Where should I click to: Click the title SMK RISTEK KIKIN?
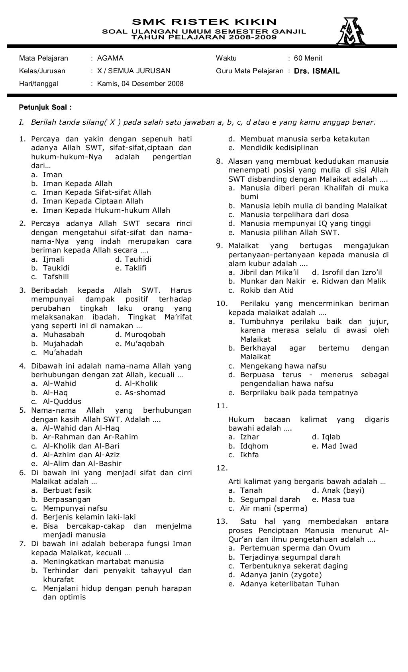(204, 22)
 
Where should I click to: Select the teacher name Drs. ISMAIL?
(316, 71)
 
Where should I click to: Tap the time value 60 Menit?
(308, 58)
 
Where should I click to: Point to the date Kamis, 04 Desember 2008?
(140, 84)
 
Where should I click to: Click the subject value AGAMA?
(110, 58)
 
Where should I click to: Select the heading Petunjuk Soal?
(45, 107)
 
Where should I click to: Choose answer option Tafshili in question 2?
(56, 277)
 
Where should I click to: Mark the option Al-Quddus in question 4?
(62, 401)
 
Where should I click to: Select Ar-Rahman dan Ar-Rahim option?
(90, 437)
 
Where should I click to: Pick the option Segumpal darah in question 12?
(270, 499)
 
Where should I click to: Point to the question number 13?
(221, 521)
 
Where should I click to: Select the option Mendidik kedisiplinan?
(279, 148)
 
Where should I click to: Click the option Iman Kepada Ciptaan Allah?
(92, 201)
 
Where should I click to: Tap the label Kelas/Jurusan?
(42, 71)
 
